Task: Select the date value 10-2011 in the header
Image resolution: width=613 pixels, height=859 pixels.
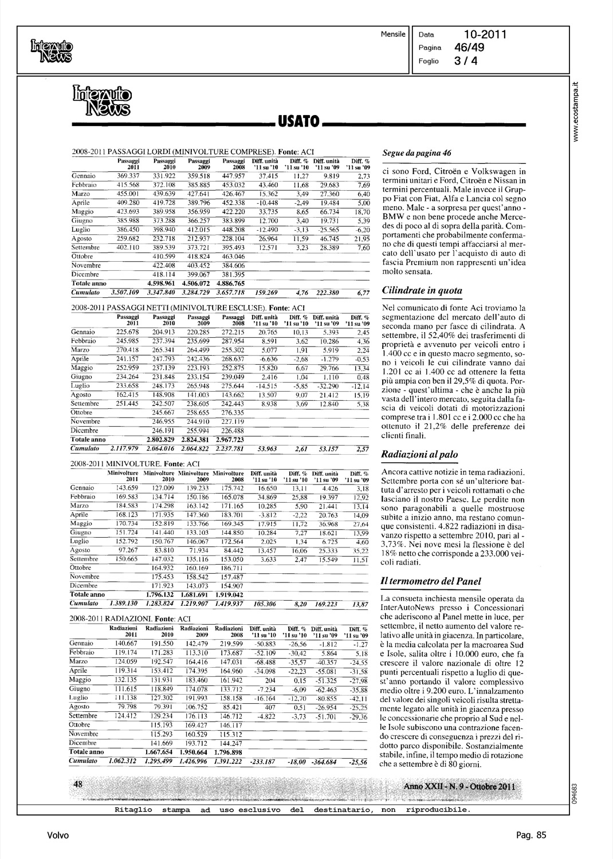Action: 484,35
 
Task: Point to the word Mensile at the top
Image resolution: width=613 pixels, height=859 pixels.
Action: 394,35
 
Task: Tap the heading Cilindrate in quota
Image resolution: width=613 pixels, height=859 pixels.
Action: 422,290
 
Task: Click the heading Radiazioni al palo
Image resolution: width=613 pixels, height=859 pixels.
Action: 420,455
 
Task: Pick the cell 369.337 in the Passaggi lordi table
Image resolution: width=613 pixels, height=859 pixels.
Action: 128,176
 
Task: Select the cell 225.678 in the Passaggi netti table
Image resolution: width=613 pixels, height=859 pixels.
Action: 128,332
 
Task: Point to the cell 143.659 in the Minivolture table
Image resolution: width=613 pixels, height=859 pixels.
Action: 128,488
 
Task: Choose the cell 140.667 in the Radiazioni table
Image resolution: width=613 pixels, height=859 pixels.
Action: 128,644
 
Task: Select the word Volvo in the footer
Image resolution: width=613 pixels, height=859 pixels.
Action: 58,836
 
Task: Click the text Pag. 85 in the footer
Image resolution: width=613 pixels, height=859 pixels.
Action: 531,836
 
